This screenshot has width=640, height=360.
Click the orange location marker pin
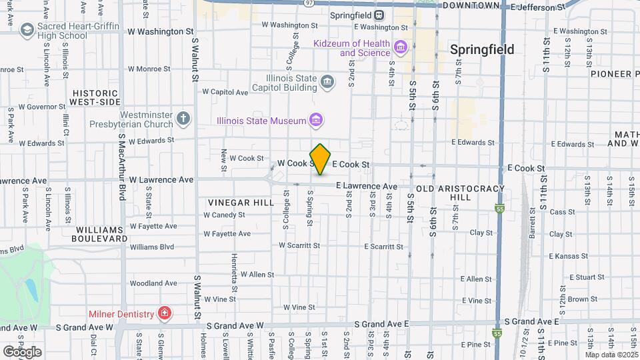321,159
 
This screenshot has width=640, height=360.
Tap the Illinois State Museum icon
317,121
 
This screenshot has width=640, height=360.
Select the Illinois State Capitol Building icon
327,82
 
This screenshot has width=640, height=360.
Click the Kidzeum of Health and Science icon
400,48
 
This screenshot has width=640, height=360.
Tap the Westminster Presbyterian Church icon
183,119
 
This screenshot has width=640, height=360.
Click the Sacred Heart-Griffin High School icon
27,30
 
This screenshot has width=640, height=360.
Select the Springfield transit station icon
379,15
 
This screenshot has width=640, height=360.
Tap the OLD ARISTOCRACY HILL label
460,193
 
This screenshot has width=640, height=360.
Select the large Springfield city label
482,49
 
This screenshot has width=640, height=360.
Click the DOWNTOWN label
471,5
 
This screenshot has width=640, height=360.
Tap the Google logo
22,351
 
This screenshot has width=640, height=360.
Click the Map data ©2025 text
610,355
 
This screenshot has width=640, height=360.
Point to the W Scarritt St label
299,245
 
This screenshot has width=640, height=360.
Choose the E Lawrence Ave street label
367,186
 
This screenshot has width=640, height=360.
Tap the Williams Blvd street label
152,247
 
